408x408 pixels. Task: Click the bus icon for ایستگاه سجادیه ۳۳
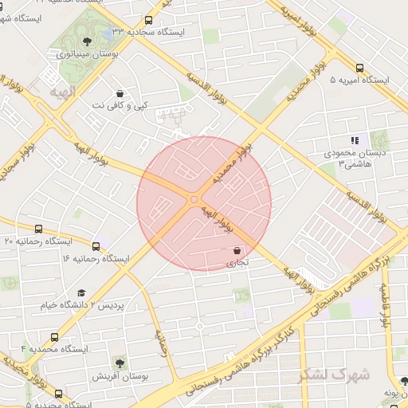click(149, 21)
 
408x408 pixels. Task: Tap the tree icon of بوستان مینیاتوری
click(87, 41)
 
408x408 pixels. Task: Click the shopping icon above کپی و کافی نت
click(120, 93)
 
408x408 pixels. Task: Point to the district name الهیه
click(61, 94)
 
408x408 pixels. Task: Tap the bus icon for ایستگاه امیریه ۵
click(359, 69)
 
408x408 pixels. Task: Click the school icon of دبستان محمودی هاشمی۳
click(355, 140)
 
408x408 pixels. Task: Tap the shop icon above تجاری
click(237, 249)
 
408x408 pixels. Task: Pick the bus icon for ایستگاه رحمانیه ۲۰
click(40, 229)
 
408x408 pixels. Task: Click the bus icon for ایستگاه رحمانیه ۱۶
click(97, 247)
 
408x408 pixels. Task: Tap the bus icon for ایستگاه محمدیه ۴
click(54, 337)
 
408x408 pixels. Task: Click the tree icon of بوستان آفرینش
click(120, 363)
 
